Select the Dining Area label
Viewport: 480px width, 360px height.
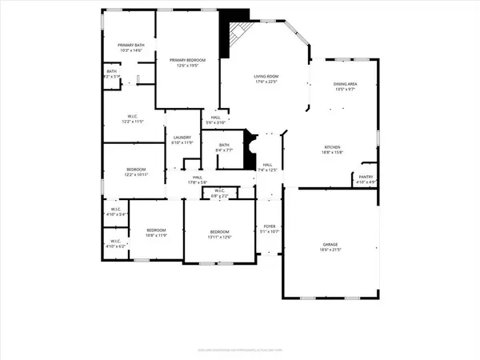(x=345, y=86)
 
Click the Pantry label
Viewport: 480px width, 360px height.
(x=366, y=178)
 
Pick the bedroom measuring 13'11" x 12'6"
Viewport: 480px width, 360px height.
(x=214, y=234)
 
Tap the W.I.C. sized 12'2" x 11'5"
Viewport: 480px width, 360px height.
(x=132, y=119)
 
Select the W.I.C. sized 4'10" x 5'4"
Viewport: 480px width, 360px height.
(x=116, y=214)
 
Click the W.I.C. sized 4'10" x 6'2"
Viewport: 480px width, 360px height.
(x=115, y=243)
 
